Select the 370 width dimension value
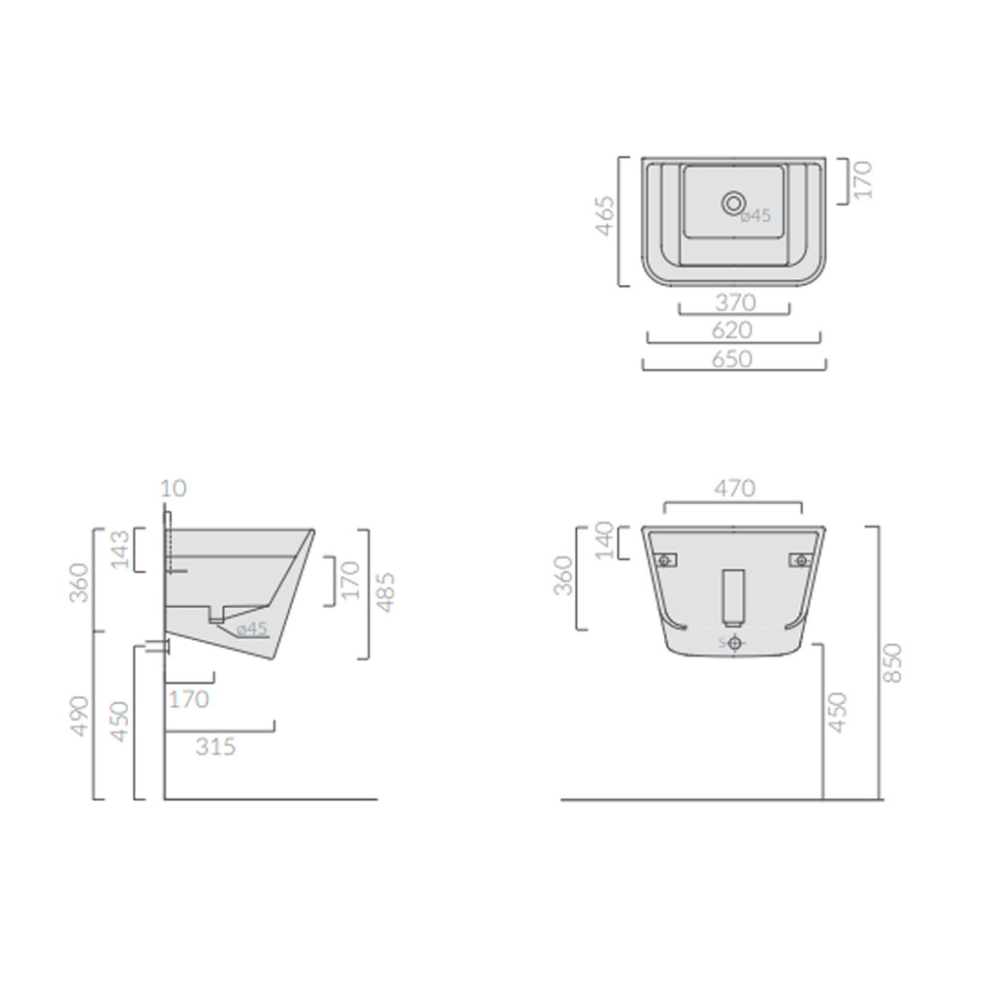pyautogui.click(x=734, y=304)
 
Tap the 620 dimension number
pyautogui.click(x=733, y=331)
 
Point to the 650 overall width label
pyautogui.click(x=733, y=359)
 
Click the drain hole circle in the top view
pyautogui.click(x=733, y=203)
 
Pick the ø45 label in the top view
pyautogui.click(x=755, y=216)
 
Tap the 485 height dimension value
pyautogui.click(x=385, y=593)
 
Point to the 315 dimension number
pyautogui.click(x=215, y=747)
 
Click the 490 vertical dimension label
pyautogui.click(x=80, y=716)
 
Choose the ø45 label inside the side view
pyautogui.click(x=250, y=628)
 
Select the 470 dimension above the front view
pyautogui.click(x=733, y=489)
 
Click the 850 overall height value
pyautogui.click(x=892, y=662)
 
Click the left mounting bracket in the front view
pyautogui.click(x=664, y=560)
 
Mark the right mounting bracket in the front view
pyautogui.click(x=801, y=560)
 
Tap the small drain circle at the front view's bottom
pyautogui.click(x=734, y=643)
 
